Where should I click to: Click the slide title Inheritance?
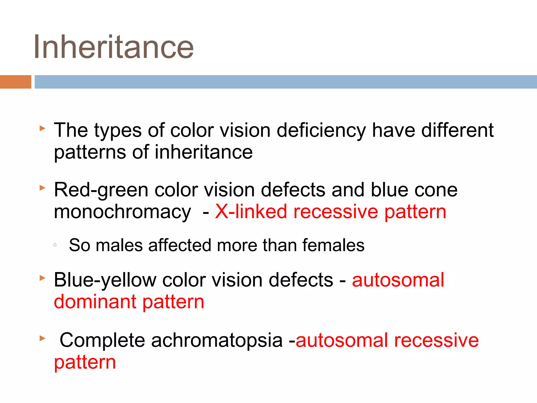113,47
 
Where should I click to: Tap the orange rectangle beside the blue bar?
15,82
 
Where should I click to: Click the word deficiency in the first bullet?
321,130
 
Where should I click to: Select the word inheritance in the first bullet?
203,152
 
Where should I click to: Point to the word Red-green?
101,190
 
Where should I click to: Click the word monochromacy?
122,212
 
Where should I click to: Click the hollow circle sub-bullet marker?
55,245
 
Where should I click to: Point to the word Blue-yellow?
105,280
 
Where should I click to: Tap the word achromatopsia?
217,340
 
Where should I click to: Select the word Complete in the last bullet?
102,340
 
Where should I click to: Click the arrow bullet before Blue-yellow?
42,278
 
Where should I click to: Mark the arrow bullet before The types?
42,129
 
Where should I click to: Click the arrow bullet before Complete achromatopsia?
42,338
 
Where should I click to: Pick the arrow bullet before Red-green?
42,188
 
